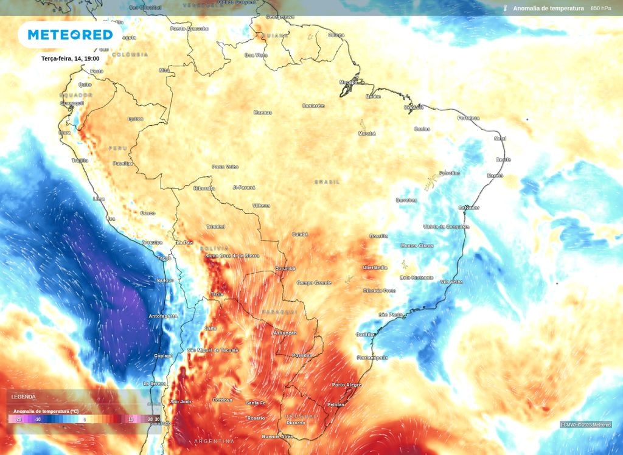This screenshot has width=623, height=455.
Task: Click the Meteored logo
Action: coord(70,35)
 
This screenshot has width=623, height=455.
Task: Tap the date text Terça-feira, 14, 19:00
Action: coord(71,58)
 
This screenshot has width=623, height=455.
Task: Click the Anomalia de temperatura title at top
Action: coord(548,9)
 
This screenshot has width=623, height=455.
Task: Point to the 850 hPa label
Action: coord(601,9)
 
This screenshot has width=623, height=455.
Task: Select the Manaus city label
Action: coord(263,113)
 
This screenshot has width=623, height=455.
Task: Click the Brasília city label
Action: coord(378,236)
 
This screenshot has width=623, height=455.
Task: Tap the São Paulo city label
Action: coord(391,314)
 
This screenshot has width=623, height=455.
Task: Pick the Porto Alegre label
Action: coord(347,385)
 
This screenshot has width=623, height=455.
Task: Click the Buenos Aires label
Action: coord(278,437)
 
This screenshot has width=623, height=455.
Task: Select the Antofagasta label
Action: coord(163,316)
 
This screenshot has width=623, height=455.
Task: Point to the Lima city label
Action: coord(99,199)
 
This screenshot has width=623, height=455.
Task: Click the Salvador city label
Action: coord(468,207)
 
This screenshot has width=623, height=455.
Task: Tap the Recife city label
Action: coord(503,159)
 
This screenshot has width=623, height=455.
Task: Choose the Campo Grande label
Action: coord(314,283)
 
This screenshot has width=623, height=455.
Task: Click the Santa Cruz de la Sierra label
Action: coord(232,256)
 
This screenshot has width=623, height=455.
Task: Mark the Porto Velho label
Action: coord(225,167)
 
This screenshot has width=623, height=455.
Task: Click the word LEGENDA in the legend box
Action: coord(23,397)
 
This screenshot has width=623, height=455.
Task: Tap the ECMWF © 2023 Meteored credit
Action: coord(585,425)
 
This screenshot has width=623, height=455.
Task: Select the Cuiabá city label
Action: coord(300,234)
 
